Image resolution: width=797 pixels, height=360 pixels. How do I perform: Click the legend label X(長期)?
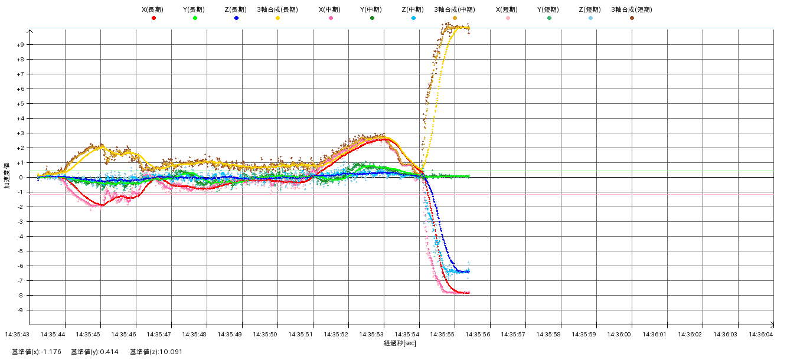pyautogui.click(x=153, y=9)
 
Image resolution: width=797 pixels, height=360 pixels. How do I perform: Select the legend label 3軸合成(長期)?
pyautogui.click(x=277, y=9)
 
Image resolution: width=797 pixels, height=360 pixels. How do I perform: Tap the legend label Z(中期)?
pyautogui.click(x=413, y=9)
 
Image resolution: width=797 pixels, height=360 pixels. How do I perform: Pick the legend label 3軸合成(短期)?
pyautogui.click(x=632, y=9)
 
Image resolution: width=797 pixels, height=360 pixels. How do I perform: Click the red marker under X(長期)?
pyautogui.click(x=153, y=18)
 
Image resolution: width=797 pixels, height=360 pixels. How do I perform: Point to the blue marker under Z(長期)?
pyautogui.click(x=236, y=18)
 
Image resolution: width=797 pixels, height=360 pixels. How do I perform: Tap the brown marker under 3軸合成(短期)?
pyautogui.click(x=632, y=18)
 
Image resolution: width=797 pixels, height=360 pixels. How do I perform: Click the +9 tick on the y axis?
pyautogui.click(x=20, y=45)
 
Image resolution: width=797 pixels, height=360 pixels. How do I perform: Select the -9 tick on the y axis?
pyautogui.click(x=20, y=310)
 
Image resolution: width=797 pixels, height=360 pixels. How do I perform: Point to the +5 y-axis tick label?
pyautogui.click(x=20, y=104)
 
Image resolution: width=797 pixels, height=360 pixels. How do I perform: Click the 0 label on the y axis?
pyautogui.click(x=21, y=178)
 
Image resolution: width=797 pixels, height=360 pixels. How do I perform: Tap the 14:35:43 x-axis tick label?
pyautogui.click(x=18, y=334)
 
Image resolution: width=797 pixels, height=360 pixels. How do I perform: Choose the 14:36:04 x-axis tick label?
pyautogui.click(x=761, y=334)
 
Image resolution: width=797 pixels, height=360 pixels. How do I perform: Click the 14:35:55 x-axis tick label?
pyautogui.click(x=443, y=334)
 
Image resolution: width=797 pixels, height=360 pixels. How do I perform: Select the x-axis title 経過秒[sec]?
pyautogui.click(x=400, y=343)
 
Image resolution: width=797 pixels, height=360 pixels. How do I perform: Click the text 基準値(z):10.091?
pyautogui.click(x=156, y=352)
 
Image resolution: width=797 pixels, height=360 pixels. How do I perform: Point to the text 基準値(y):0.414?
pyautogui.click(x=94, y=352)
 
